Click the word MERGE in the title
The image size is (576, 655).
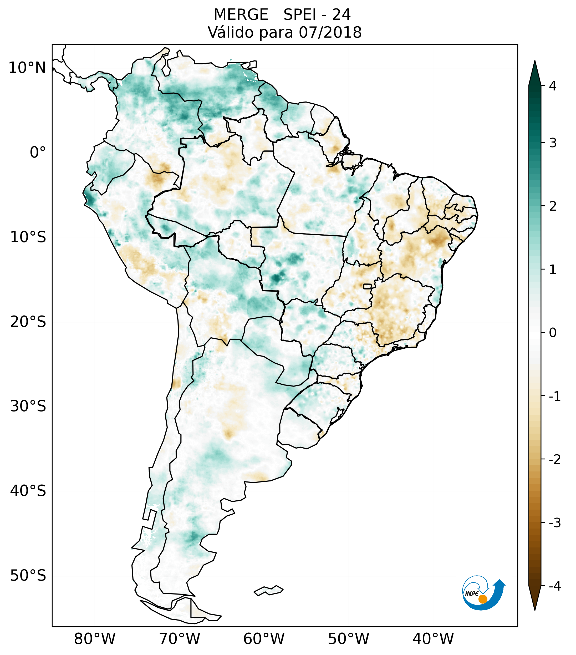[x=241, y=15]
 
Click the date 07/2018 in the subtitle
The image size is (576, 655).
[x=330, y=32]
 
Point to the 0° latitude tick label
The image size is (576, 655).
[x=38, y=153]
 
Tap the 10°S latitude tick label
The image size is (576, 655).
[x=28, y=237]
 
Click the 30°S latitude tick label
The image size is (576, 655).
[x=28, y=406]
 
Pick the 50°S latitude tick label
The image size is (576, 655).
[x=28, y=576]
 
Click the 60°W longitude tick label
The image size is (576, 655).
[x=264, y=639]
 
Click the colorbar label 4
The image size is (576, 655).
[x=553, y=86]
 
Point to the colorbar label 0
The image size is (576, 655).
[x=553, y=333]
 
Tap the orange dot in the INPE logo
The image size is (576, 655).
[x=482, y=599]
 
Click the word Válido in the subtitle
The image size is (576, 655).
[x=231, y=32]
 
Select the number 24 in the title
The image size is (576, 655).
[x=341, y=15]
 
